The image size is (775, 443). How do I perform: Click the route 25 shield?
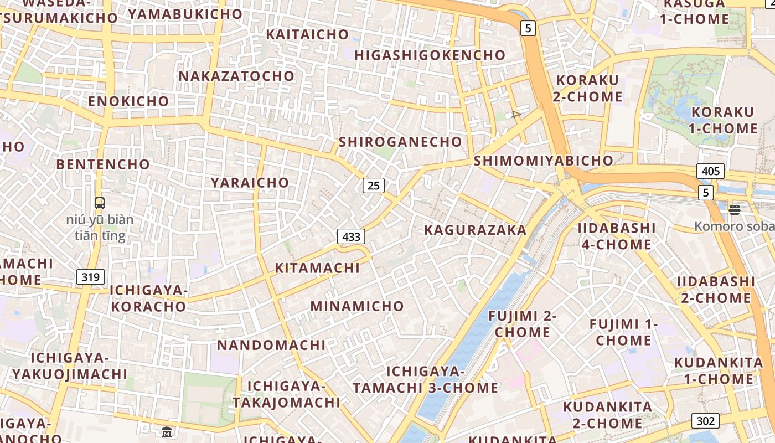pos(374,186)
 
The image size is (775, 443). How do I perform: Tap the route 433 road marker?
pos(351,237)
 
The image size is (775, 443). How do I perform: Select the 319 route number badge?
pos(90,277)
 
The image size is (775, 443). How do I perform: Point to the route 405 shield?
pos(710,171)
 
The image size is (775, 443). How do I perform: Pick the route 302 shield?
pos(705,421)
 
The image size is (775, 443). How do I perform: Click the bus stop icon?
pos(100,203)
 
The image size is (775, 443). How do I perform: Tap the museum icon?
pos(167,432)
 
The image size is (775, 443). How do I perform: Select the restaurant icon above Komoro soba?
pos(735,209)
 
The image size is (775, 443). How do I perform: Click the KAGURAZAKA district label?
pos(475,230)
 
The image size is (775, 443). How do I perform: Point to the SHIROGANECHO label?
pos(400,142)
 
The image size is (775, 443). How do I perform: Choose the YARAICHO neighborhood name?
pos(250,183)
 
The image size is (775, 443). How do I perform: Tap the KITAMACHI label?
pos(317,268)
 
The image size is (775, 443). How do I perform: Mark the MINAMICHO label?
pos(357,306)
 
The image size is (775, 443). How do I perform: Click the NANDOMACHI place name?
pos(271,346)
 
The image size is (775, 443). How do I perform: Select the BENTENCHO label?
pos(103,164)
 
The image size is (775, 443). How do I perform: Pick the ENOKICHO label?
pos(128,101)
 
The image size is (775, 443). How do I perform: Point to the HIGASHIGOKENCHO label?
pos(430,55)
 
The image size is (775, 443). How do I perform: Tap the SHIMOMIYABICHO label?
pos(544,161)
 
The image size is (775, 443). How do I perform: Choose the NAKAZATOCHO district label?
pos(236,76)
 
